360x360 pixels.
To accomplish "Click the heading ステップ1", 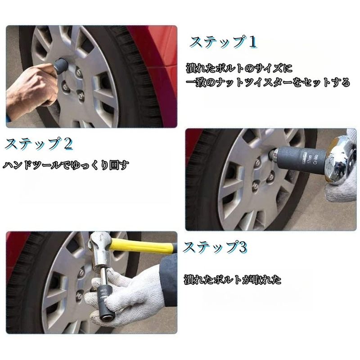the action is [223, 42].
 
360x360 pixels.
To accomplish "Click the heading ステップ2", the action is [39, 144].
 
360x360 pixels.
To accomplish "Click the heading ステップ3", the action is [215, 247].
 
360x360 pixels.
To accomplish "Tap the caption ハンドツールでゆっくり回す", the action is [66, 165].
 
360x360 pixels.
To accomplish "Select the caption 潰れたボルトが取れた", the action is [233, 280].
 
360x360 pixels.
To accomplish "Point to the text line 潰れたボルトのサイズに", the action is [239, 68].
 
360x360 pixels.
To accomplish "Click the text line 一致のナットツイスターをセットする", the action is [268, 83].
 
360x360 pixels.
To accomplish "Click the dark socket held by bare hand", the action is [60, 66].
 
